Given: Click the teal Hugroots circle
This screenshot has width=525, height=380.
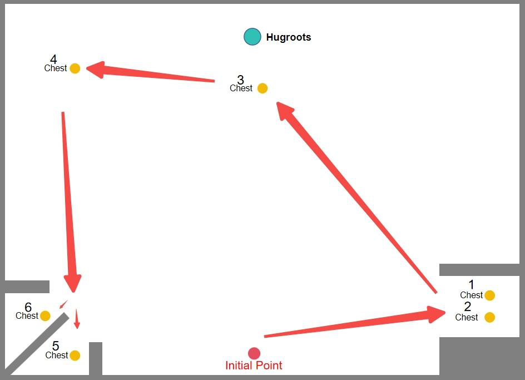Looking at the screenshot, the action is pyautogui.click(x=252, y=37).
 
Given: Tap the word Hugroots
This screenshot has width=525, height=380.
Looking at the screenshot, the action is pyautogui.click(x=289, y=37).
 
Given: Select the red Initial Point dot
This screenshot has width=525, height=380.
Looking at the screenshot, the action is pyautogui.click(x=254, y=353).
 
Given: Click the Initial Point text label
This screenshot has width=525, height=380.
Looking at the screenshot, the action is pyautogui.click(x=254, y=365).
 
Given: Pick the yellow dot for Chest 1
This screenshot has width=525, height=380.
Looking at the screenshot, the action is pyautogui.click(x=489, y=295).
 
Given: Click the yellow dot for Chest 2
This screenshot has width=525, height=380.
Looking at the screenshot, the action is pyautogui.click(x=489, y=317).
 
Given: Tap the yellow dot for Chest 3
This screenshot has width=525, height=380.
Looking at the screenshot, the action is pyautogui.click(x=262, y=88).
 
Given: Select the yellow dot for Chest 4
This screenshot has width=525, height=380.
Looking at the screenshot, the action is pyautogui.click(x=75, y=68).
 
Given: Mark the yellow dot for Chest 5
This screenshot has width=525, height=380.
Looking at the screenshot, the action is pyautogui.click(x=75, y=355).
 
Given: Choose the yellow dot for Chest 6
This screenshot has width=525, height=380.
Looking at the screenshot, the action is pyautogui.click(x=45, y=315).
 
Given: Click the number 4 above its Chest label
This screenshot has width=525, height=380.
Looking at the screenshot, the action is pyautogui.click(x=53, y=60).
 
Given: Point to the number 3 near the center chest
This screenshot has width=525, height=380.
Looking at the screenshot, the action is pyautogui.click(x=240, y=80).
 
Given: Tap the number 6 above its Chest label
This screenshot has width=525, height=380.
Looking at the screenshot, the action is pyautogui.click(x=28, y=307).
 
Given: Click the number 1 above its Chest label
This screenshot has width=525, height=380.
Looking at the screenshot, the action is pyautogui.click(x=472, y=284).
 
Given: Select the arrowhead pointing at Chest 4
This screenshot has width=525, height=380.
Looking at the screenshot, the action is pyautogui.click(x=96, y=70).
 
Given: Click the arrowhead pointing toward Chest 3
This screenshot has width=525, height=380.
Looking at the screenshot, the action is pyautogui.click(x=284, y=110).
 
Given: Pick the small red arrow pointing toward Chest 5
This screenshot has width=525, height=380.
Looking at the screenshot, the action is pyautogui.click(x=77, y=319).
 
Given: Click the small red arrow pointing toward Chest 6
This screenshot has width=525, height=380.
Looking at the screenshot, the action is pyautogui.click(x=63, y=304).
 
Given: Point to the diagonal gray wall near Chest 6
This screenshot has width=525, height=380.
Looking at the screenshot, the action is pyautogui.click(x=37, y=344).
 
